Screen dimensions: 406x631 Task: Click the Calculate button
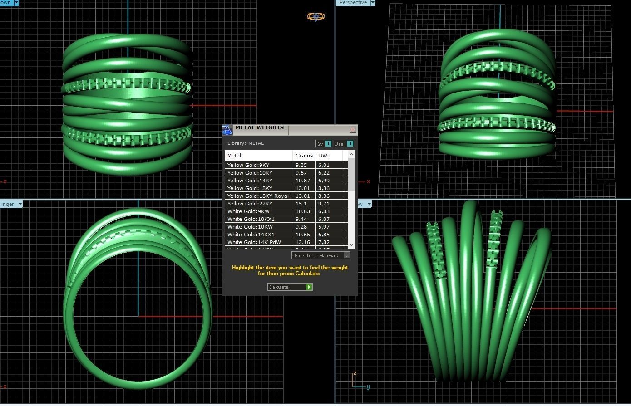click(x=290, y=287)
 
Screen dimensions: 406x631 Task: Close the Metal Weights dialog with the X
click(x=353, y=130)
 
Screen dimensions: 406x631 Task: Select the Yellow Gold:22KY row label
click(x=250, y=204)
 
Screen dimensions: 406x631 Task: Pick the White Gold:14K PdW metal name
click(x=254, y=242)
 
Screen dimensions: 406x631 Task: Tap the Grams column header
click(x=304, y=156)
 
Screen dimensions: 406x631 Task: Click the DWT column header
click(x=324, y=156)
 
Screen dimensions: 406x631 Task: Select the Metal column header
click(x=234, y=156)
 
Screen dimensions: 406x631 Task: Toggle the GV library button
click(x=324, y=144)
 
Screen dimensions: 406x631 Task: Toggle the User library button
click(x=344, y=144)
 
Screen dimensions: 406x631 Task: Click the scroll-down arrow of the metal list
click(x=351, y=245)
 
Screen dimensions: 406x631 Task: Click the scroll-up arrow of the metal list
click(x=351, y=155)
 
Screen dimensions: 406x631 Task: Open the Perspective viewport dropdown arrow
click(x=373, y=3)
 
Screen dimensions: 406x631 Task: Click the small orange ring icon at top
click(x=315, y=17)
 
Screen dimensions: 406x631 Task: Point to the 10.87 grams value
click(x=302, y=181)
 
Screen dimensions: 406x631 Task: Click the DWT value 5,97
click(x=324, y=227)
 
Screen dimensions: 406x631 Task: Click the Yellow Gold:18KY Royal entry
click(x=258, y=196)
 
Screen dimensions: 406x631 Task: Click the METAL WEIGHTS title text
click(x=260, y=128)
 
